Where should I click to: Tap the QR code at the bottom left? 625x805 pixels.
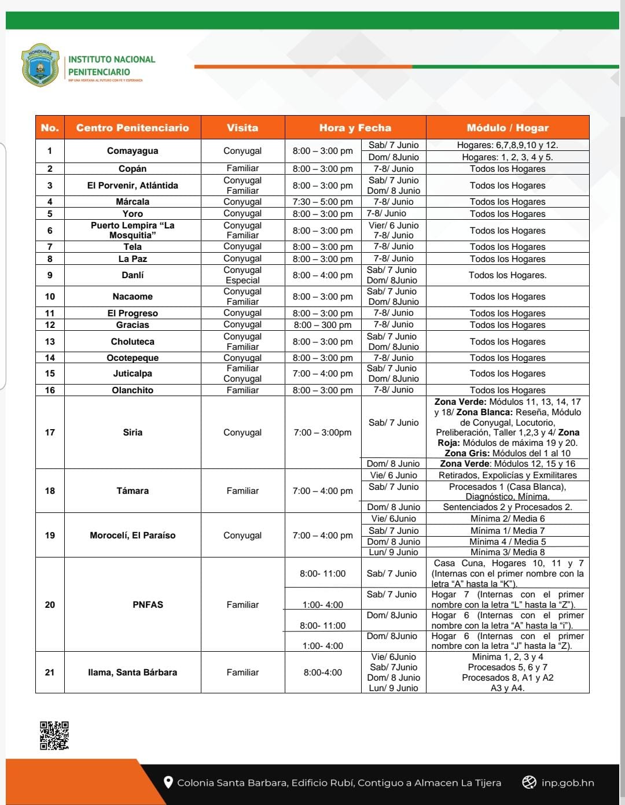pyautogui.click(x=54, y=735)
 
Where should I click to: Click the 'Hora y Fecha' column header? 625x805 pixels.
pyautogui.click(x=355, y=128)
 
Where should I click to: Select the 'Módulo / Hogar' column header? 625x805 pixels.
pyautogui.click(x=508, y=128)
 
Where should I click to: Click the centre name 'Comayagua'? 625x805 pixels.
pyautogui.click(x=133, y=151)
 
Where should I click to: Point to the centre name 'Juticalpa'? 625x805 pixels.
pyautogui.click(x=133, y=374)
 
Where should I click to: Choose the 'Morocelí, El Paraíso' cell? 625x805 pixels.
pyautogui.click(x=133, y=536)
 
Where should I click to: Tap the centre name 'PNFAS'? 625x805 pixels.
pyautogui.click(x=148, y=605)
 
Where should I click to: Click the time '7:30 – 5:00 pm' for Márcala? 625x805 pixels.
pyautogui.click(x=322, y=202)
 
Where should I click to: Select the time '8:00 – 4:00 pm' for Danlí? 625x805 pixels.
pyautogui.click(x=322, y=275)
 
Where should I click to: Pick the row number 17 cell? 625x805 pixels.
pyautogui.click(x=50, y=433)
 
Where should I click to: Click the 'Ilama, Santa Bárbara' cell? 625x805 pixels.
pyautogui.click(x=133, y=673)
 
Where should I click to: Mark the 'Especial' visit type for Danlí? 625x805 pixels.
pyautogui.click(x=242, y=280)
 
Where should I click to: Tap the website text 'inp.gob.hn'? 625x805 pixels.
pyautogui.click(x=567, y=783)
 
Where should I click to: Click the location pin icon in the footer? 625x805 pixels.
pyautogui.click(x=168, y=782)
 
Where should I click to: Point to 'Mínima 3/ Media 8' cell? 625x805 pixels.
pyautogui.click(x=508, y=552)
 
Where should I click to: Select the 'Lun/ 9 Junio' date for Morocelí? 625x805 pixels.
pyautogui.click(x=394, y=552)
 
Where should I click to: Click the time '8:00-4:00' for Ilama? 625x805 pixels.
pyautogui.click(x=322, y=673)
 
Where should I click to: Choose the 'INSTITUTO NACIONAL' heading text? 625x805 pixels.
pyautogui.click(x=112, y=60)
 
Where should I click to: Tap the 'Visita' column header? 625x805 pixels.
pyautogui.click(x=242, y=128)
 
